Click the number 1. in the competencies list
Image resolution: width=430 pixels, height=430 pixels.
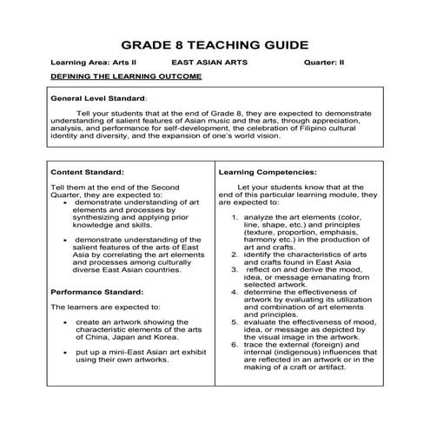(x=235, y=215)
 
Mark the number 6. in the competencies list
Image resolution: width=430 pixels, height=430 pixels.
(x=235, y=345)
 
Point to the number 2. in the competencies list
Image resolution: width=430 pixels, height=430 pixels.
(x=235, y=254)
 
